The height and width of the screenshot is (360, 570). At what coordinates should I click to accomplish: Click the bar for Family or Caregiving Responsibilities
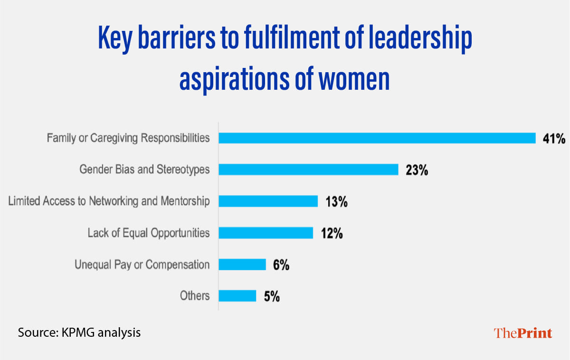coord(377,138)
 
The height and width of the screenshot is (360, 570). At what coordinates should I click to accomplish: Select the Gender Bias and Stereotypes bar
coord(308,170)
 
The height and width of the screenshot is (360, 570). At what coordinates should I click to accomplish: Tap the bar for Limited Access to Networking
coord(268,201)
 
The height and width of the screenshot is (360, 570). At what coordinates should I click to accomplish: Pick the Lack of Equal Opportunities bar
coord(266,233)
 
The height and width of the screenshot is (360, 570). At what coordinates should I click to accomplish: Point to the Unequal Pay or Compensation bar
coord(242,265)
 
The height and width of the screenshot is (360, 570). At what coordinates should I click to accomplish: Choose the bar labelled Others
coord(237,296)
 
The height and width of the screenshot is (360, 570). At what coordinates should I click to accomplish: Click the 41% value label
coord(554,139)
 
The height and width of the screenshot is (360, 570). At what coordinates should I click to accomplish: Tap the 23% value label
coord(417,170)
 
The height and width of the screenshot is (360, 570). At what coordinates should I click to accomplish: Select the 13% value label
coord(336,202)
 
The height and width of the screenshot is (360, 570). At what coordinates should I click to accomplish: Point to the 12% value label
coord(331,233)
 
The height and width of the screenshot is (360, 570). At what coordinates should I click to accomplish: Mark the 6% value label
coord(281,265)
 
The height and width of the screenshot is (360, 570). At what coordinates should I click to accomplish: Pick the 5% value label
coord(271,297)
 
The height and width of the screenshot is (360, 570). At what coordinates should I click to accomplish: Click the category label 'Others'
coord(194,296)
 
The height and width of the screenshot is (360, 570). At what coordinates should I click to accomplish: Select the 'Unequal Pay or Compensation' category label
coord(142,265)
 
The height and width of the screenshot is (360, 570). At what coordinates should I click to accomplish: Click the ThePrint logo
coord(523,333)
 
